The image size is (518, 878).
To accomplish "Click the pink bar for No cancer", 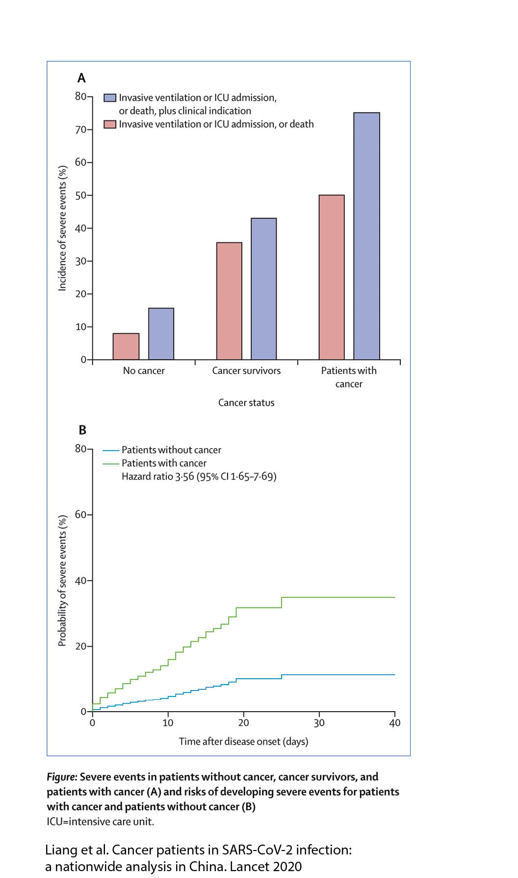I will (126, 346).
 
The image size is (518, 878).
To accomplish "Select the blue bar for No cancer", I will (161, 334).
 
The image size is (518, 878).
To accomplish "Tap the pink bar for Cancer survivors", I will (229, 301).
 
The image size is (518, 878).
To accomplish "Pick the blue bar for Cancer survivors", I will (264, 289).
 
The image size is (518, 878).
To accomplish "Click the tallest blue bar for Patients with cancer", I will (366, 236).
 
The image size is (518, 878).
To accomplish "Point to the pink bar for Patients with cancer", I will (332, 277).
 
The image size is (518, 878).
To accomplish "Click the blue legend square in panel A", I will (110, 98).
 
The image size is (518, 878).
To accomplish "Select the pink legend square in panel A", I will (110, 124).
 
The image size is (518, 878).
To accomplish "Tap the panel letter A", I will (81, 78).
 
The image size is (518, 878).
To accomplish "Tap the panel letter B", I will (82, 430).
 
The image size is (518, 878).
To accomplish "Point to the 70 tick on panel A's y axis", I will (81, 130).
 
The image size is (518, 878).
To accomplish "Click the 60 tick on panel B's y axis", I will (81, 514).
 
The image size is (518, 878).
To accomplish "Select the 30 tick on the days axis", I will (319, 722).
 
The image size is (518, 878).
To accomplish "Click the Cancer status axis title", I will (246, 402).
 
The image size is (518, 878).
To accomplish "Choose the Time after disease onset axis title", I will (243, 741).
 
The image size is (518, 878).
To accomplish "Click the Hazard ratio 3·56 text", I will (199, 477).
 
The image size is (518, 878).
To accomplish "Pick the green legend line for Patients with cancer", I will (111, 463).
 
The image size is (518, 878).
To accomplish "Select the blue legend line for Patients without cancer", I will (111, 450).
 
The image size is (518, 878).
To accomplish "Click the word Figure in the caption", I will (62, 777).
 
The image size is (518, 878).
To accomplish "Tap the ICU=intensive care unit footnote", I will (101, 822).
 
